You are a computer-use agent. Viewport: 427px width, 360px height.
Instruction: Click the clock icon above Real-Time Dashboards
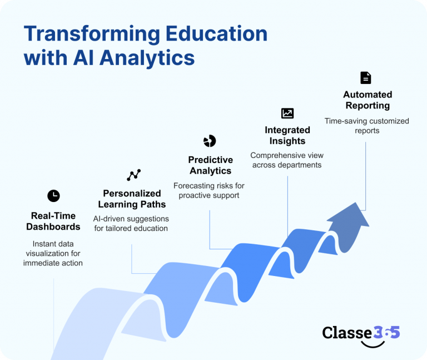click(53, 196)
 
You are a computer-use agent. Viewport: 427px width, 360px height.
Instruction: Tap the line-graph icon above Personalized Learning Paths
click(133, 175)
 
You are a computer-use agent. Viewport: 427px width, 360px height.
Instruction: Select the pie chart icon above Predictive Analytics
click(210, 141)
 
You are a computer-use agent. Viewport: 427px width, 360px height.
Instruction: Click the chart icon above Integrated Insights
click(287, 113)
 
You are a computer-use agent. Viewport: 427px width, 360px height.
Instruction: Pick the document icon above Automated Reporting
click(365, 78)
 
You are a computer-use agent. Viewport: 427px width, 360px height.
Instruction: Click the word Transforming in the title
click(92, 34)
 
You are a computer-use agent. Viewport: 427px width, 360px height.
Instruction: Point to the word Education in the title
click(216, 33)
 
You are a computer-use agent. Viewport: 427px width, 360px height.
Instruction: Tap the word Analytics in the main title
click(147, 58)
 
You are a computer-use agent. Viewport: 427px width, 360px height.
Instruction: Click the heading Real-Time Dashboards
click(53, 221)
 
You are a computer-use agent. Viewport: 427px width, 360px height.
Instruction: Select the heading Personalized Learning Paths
click(132, 199)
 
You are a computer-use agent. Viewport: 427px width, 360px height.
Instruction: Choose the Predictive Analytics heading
click(211, 165)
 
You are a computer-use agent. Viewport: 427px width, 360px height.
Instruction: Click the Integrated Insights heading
click(287, 135)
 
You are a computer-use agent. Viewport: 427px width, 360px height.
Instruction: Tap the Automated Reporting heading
click(368, 100)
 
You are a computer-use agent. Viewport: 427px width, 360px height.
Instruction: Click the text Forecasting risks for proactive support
click(209, 190)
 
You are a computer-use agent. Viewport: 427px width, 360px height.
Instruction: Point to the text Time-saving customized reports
click(367, 126)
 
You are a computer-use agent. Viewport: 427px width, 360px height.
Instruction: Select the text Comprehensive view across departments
click(287, 160)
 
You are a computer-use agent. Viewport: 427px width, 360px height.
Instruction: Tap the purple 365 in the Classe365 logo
click(386, 332)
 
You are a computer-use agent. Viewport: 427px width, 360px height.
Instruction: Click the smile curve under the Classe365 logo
click(373, 346)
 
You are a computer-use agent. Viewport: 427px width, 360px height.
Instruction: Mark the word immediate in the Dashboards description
click(39, 263)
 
